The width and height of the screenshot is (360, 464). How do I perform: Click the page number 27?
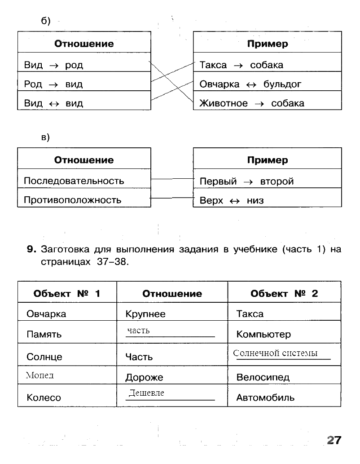coord(334,440)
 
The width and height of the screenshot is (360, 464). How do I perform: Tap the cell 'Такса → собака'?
coord(241,65)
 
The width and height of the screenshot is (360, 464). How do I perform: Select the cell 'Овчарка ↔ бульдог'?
coord(250,84)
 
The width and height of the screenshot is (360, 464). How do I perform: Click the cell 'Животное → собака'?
coord(252,103)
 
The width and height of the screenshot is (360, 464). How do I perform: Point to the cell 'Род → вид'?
coord(53,84)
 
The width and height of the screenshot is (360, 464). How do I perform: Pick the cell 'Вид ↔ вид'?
coord(53,103)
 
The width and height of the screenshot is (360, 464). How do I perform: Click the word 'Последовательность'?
coord(74,181)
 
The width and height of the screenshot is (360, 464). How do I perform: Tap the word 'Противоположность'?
coord(72,200)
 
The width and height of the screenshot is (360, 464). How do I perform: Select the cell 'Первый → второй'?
coord(246,181)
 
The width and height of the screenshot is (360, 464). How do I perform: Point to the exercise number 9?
coord(31,249)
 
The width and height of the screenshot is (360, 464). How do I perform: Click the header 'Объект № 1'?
coord(67,294)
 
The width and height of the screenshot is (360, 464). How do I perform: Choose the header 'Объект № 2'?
coord(284,294)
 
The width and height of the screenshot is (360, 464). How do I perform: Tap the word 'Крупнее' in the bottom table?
coord(145,314)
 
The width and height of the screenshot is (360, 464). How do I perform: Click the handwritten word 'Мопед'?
coord(40,376)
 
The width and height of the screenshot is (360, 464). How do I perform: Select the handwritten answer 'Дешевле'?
coord(146,393)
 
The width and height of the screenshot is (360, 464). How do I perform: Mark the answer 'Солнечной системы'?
coord(275,353)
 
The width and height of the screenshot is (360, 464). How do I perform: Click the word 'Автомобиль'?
coord(265,398)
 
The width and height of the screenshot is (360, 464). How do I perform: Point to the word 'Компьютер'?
coord(263,335)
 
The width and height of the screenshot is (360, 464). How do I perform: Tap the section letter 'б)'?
coord(46,21)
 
